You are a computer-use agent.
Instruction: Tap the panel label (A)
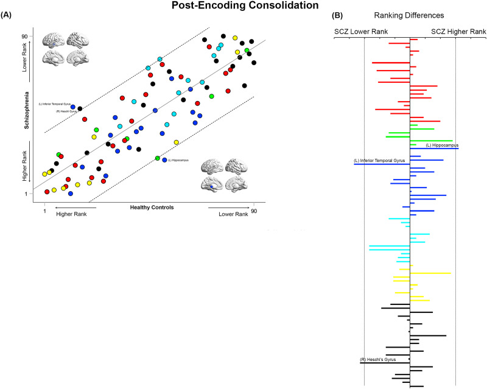click(9, 17)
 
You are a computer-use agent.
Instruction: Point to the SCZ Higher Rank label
click(458, 31)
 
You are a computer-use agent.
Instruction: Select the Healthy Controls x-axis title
click(152, 208)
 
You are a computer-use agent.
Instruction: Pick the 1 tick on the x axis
click(45, 211)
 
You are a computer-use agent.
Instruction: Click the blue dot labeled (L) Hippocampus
click(165, 159)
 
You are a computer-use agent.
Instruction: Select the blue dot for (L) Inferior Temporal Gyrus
click(73, 107)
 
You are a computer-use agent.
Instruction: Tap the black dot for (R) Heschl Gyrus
click(80, 109)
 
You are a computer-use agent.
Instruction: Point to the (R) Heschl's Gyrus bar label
click(378, 360)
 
